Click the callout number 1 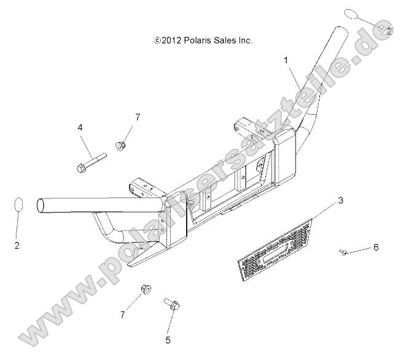click(286, 61)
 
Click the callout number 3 click(340, 200)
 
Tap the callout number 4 click(80, 127)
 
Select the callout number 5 click(168, 340)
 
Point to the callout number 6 click(376, 248)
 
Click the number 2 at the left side click(17, 246)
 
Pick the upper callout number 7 click(138, 117)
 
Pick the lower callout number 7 click(122, 315)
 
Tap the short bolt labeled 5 click(171, 304)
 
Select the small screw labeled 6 click(343, 252)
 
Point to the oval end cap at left click(18, 205)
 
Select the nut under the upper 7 click(120, 146)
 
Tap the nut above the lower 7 click(146, 289)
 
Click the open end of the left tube click(40, 206)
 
